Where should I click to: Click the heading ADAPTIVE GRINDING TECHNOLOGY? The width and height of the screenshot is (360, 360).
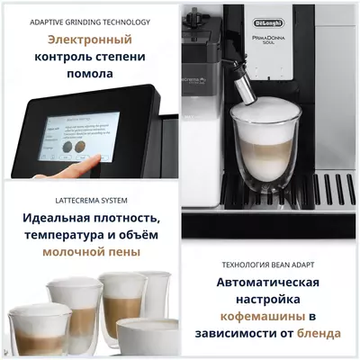tap(88, 21)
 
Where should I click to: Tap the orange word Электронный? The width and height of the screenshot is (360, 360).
tap(89, 40)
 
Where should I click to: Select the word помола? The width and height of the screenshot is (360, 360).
tap(89, 74)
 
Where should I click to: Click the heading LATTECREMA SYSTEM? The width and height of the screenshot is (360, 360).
tap(89, 200)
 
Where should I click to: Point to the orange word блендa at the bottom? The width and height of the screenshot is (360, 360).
tap(317, 334)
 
